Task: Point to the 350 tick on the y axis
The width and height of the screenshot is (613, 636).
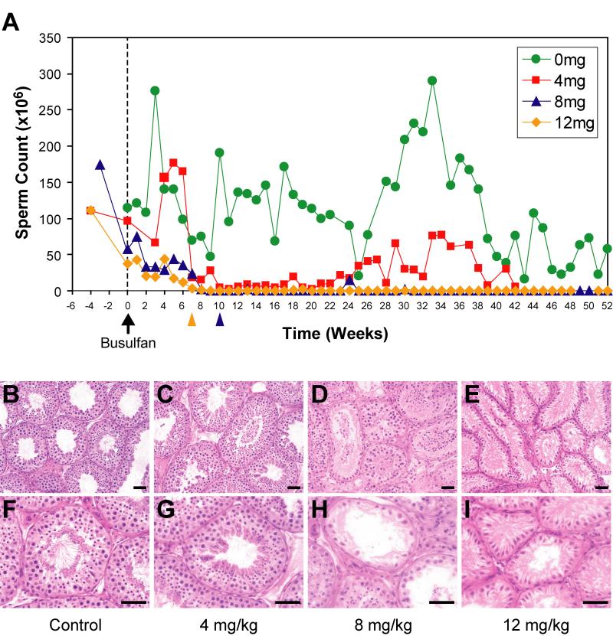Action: tap(51, 38)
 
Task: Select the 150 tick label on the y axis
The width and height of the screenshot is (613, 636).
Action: tap(51, 183)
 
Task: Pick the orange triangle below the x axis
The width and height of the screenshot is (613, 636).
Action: tap(192, 321)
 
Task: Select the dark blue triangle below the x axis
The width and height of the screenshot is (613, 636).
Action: tap(220, 321)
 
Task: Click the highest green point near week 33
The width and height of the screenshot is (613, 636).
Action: tap(432, 80)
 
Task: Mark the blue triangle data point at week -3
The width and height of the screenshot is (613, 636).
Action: tap(100, 165)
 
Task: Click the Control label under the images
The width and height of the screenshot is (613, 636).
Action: tap(76, 625)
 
